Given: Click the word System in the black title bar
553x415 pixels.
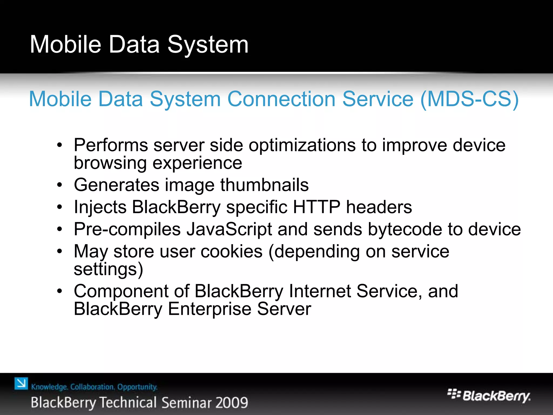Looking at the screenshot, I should click(x=208, y=45).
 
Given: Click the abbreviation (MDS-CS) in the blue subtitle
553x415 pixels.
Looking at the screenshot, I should click(x=469, y=99).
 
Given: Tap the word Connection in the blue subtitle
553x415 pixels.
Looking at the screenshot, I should click(x=281, y=99).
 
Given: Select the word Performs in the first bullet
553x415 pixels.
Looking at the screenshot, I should click(x=111, y=145).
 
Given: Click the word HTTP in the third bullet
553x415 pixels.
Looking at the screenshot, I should click(x=316, y=207).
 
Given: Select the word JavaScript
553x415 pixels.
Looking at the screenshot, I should click(x=229, y=230).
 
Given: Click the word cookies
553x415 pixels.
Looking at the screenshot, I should click(x=231, y=252).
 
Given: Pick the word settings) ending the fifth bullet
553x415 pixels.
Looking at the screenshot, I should click(x=108, y=269).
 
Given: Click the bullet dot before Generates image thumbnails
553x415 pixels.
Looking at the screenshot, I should click(x=60, y=185).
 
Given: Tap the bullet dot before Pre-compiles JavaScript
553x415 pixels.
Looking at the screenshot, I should click(x=60, y=230).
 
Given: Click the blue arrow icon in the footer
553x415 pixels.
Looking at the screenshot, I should click(x=21, y=384).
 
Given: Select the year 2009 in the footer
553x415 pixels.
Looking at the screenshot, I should click(x=232, y=403).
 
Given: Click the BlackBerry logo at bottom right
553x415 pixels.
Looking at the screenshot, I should click(x=489, y=396).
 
